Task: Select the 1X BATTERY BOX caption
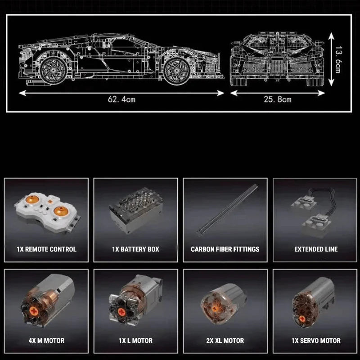(135, 249)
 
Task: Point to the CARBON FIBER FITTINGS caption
(225, 249)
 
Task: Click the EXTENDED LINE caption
(316, 249)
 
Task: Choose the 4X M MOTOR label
(45, 341)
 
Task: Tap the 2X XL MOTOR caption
(225, 341)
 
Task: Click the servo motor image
(315, 299)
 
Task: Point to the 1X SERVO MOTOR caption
(315, 341)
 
